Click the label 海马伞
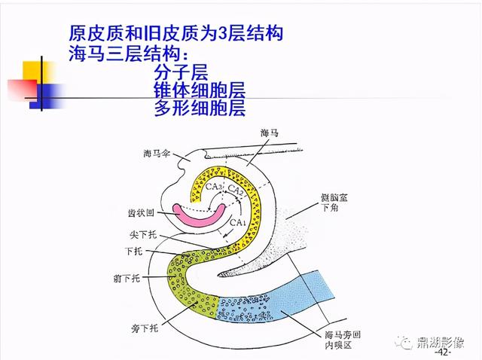[156, 154]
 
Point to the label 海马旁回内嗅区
[338, 339]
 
